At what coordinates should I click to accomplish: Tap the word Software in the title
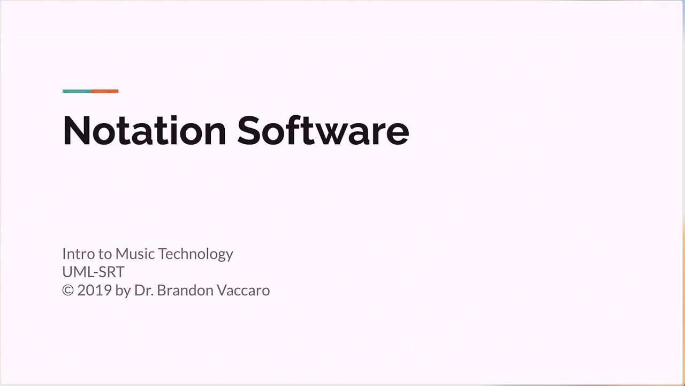[x=323, y=131]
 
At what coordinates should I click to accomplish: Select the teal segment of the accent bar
[x=77, y=91]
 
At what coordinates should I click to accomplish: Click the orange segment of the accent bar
[x=105, y=91]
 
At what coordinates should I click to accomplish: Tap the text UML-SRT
[x=93, y=272]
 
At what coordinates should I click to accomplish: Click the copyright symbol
[x=68, y=291]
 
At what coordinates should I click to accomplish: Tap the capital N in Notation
[x=77, y=131]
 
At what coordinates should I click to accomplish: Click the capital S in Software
[x=251, y=131]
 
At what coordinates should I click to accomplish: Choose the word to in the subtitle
[x=104, y=254]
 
